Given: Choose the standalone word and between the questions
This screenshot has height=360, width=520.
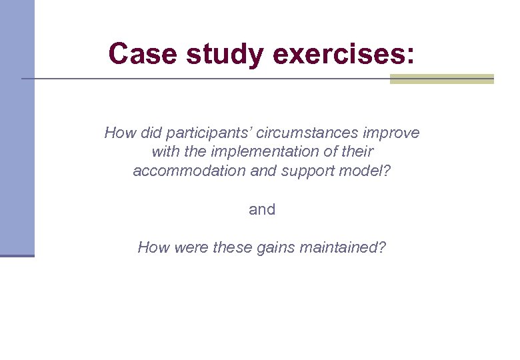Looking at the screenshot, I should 262,210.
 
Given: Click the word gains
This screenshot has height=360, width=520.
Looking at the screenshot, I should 275,248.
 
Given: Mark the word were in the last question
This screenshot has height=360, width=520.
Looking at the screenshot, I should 191,248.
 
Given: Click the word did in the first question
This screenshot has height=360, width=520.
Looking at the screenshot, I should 149,133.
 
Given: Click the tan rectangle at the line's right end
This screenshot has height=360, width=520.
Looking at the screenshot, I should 441,79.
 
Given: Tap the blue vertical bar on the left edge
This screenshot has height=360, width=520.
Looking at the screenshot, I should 17,127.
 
